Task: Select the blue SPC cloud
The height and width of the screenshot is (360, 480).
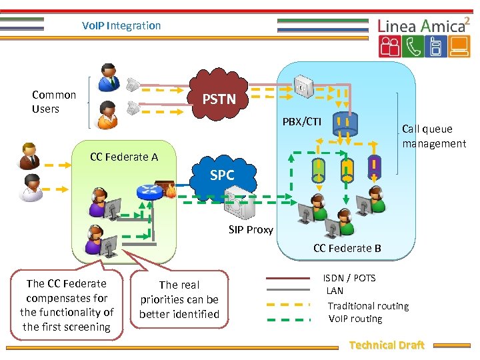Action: coord(222,175)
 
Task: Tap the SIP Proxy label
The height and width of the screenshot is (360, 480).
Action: coord(251,229)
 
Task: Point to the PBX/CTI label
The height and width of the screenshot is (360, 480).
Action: coord(302,122)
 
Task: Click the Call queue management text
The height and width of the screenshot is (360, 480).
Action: coord(433,136)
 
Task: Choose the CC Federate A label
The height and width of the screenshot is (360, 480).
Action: coord(124,157)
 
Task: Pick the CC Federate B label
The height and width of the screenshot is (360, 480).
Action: coord(347,248)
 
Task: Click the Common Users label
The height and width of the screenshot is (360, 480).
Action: coord(54,102)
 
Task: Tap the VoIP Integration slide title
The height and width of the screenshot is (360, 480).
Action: coord(121,25)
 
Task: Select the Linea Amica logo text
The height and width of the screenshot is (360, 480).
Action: coord(421,26)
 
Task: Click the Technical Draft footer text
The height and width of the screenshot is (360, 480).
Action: coord(387,345)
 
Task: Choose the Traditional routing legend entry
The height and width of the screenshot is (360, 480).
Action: coord(368,306)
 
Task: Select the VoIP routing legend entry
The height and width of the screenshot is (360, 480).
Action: coord(355,319)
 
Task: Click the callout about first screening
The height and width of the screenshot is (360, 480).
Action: coord(67,305)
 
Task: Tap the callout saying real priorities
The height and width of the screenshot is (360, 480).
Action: coord(179,299)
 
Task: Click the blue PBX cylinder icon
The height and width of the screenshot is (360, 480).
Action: coord(345,123)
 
